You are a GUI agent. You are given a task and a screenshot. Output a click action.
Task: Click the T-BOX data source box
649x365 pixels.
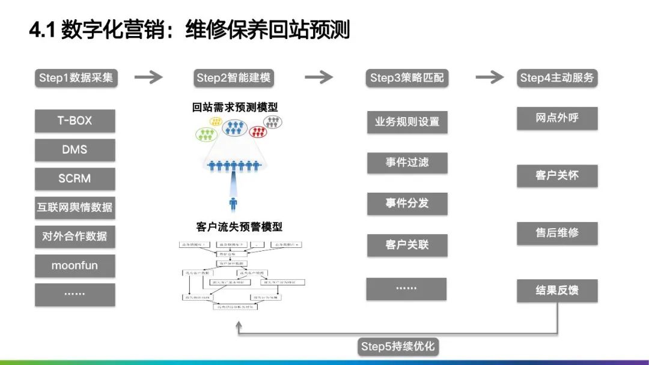pos(75,121)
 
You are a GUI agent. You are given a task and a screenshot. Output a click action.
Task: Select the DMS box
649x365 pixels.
pos(75,149)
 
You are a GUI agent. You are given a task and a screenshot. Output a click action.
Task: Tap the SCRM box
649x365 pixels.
pos(75,179)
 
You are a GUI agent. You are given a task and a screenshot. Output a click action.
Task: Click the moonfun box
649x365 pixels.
pos(75,265)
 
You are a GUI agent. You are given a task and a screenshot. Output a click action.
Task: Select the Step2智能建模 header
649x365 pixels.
pos(234,77)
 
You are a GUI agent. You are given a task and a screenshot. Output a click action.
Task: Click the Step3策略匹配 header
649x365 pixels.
pos(407,77)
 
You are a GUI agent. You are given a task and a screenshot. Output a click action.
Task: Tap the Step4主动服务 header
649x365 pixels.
pos(557,77)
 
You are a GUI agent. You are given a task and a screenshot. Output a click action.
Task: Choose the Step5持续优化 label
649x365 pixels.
pos(398,346)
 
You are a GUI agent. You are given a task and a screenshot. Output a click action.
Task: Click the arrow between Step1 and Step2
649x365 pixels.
pos(148,77)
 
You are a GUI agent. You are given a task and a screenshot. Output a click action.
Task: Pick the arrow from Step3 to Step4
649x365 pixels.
pos(489,77)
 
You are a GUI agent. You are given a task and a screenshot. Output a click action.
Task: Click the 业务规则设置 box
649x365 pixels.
pos(407,122)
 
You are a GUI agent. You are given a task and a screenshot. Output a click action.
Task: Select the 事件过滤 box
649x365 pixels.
pos(407,162)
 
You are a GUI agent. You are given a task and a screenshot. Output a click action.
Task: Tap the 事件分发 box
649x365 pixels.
pos(407,203)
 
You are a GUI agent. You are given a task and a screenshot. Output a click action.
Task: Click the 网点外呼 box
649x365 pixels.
pos(557,118)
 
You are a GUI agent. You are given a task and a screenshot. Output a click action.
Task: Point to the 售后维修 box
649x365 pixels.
pos(557,233)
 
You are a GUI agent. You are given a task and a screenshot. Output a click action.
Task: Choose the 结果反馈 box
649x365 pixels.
pos(557,291)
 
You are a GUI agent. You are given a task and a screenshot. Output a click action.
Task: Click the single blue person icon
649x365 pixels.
pos(233,204)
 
